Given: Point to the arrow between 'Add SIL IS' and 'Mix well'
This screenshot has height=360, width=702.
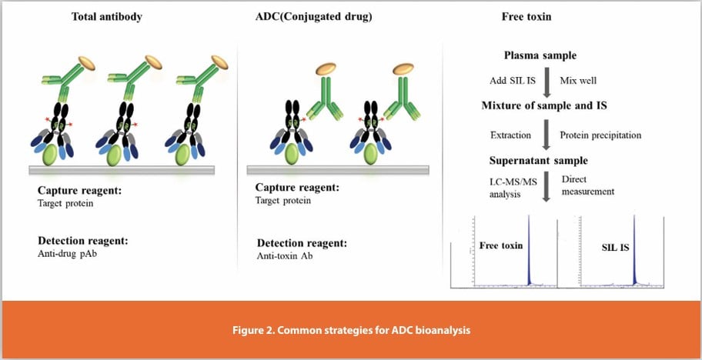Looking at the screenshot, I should (547, 80).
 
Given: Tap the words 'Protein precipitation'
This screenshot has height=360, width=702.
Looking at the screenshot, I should (600, 135).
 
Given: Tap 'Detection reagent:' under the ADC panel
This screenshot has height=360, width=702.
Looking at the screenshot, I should (301, 242).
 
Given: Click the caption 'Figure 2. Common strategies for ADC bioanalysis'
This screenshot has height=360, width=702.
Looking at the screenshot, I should (350, 330).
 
